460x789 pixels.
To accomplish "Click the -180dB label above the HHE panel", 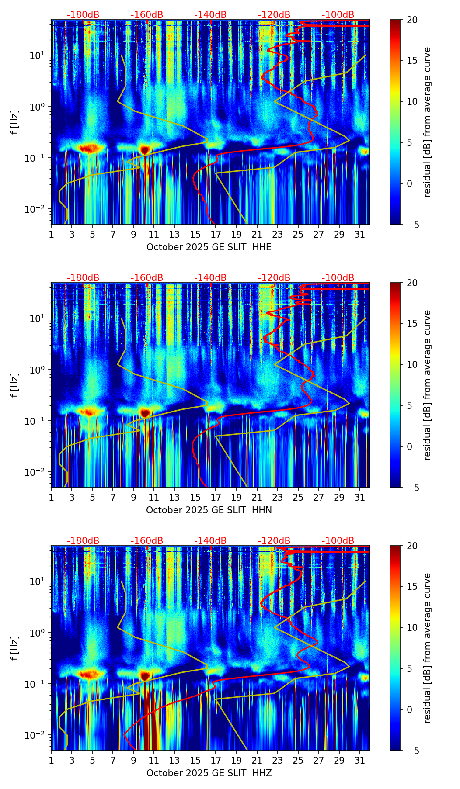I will [83, 15].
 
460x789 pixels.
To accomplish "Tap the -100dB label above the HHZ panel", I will [338, 541].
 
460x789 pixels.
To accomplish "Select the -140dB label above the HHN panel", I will [210, 278].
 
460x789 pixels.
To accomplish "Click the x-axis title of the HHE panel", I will [209, 247].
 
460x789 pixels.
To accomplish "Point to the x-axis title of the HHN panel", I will [209, 510].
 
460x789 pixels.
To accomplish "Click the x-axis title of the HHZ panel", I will [209, 773].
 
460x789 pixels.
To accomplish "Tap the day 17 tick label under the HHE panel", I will [216, 234].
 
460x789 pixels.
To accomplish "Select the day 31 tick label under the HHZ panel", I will [359, 760].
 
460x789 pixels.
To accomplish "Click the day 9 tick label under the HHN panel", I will [133, 497].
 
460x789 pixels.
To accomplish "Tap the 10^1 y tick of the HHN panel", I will [39, 318].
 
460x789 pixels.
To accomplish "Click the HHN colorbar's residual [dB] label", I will [427, 385].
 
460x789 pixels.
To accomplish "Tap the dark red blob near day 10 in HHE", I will [145, 150].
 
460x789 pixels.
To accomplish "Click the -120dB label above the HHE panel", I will [274, 15].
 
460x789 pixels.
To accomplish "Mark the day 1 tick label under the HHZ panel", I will [51, 760].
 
